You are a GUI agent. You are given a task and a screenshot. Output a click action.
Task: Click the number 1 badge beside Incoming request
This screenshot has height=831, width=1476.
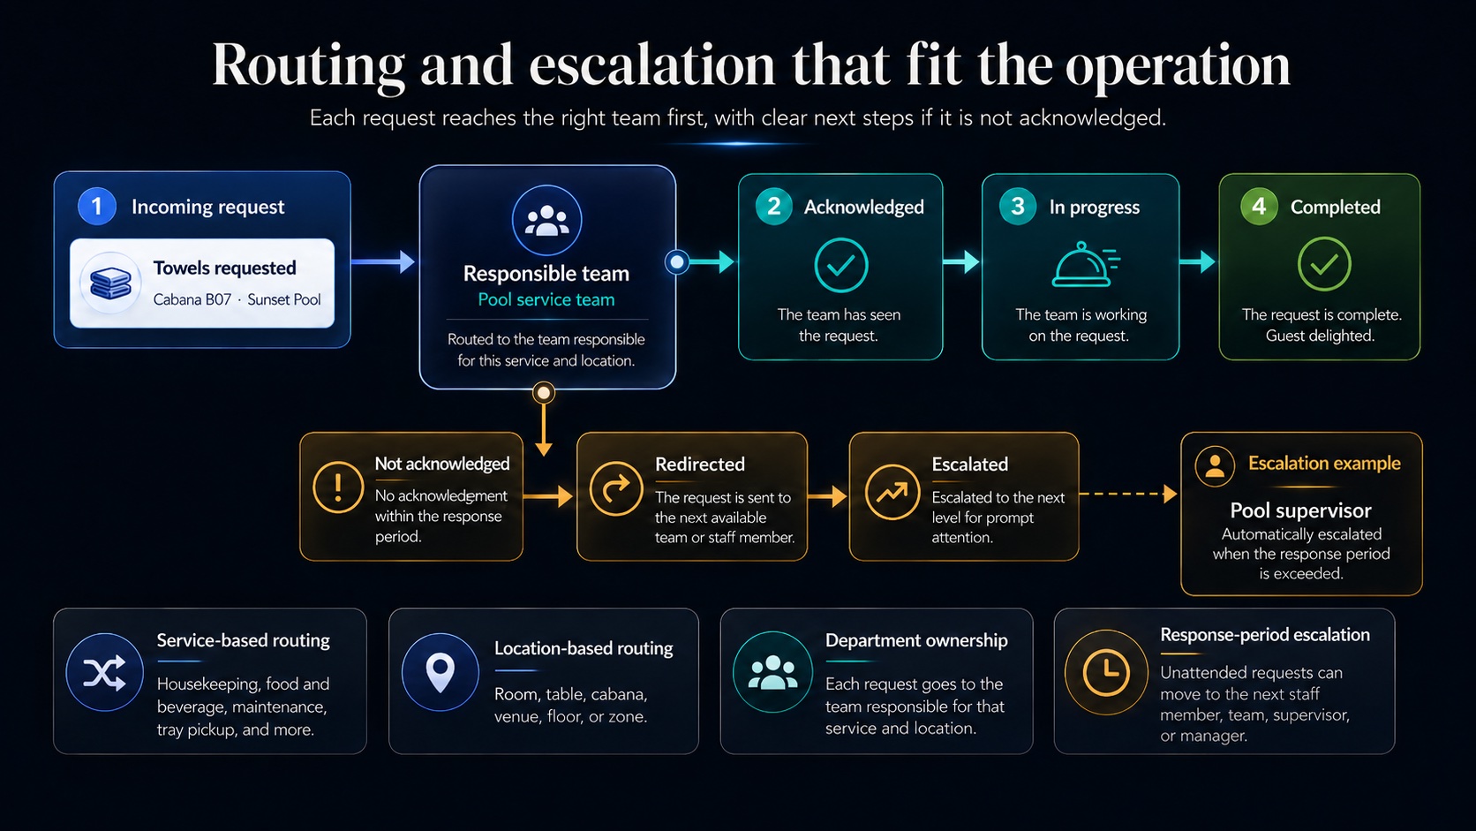(97, 207)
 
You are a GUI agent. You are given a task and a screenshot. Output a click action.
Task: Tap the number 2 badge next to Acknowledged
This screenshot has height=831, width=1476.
(774, 207)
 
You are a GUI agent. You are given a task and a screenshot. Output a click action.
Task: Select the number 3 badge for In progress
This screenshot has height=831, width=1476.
(1017, 207)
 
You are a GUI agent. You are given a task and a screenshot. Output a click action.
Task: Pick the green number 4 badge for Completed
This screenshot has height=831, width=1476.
(1259, 207)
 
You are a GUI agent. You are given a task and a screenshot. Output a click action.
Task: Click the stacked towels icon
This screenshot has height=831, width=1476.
(110, 283)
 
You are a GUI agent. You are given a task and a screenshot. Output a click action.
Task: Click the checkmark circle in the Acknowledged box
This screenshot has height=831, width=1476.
(840, 265)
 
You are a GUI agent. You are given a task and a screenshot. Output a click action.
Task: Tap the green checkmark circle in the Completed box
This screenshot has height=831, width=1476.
(1324, 264)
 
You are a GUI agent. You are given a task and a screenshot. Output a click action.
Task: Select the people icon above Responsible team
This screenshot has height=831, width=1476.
(547, 220)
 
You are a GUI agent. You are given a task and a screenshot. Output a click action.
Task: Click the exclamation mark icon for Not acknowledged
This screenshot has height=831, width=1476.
(338, 487)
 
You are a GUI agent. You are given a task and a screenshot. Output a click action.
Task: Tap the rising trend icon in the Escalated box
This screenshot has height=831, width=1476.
(892, 492)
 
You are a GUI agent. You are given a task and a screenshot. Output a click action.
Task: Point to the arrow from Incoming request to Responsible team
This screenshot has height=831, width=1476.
(383, 261)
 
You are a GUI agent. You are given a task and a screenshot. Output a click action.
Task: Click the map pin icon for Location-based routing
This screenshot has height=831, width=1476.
(441, 672)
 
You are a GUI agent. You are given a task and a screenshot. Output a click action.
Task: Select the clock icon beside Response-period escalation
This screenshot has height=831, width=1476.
(1106, 672)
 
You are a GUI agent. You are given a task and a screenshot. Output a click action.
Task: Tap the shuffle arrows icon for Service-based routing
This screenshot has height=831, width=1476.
(105, 672)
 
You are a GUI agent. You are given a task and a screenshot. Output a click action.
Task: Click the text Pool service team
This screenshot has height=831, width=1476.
(546, 300)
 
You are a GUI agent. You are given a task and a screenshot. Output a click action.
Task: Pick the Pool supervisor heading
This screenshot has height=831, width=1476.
(1300, 510)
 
